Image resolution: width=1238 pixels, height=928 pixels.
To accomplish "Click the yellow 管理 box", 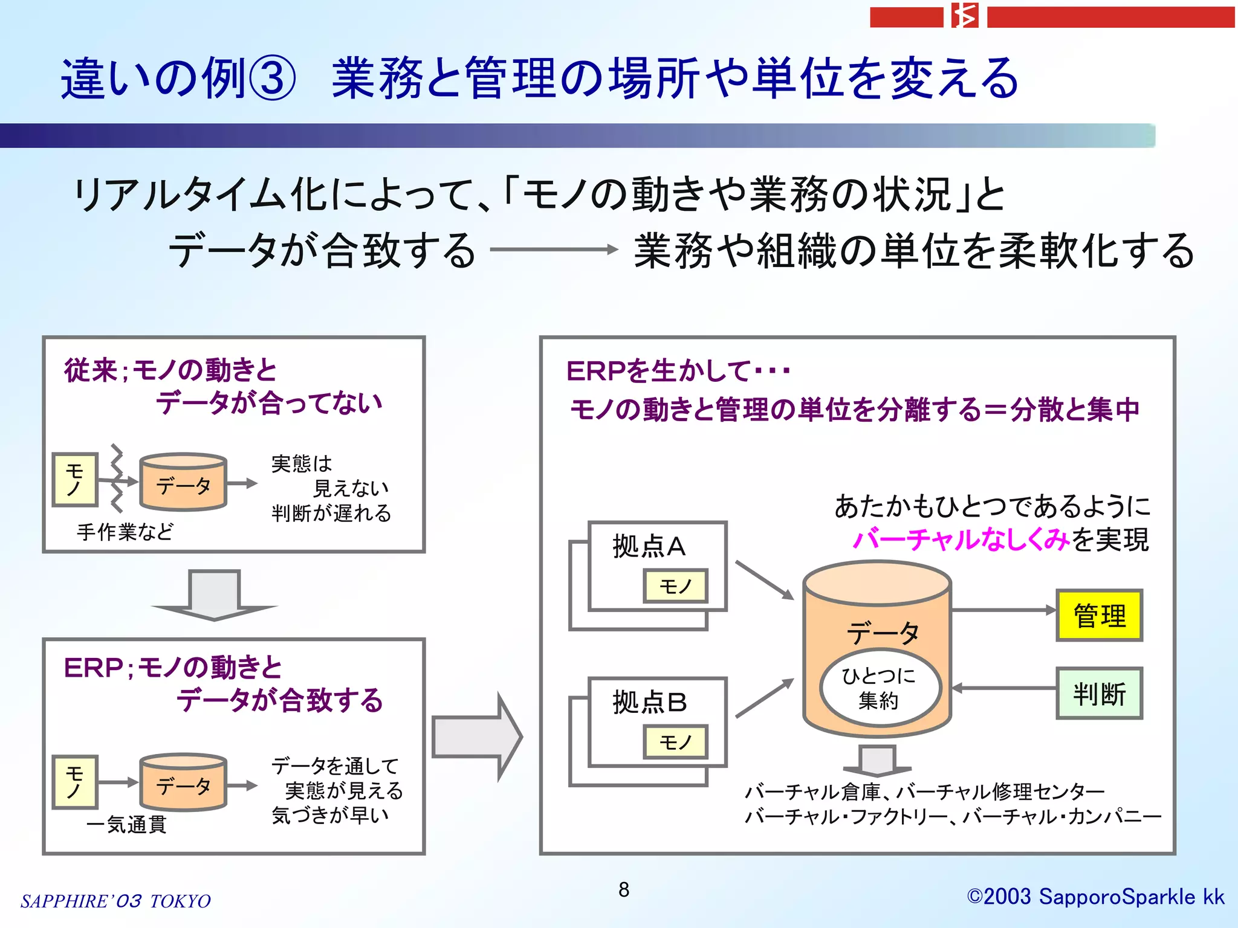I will click(x=1099, y=615).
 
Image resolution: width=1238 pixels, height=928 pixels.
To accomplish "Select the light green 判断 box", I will click(x=1099, y=693).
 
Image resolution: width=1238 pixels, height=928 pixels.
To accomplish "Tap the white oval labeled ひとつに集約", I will click(x=880, y=688).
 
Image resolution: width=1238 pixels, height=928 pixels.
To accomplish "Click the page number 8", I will click(x=624, y=889).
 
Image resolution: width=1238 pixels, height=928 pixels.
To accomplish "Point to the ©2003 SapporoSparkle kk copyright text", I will click(x=1095, y=897).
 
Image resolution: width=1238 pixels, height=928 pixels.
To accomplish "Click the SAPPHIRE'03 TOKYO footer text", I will click(x=115, y=901).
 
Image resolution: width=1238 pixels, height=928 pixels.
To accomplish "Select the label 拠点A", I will click(x=649, y=546).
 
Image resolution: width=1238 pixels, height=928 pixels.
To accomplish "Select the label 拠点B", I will click(x=649, y=702).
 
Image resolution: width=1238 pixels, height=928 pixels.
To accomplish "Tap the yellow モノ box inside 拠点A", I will click(x=675, y=585).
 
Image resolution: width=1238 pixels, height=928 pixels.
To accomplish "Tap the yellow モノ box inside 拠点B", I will click(x=675, y=741).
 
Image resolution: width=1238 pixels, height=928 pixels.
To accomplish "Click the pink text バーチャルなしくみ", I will click(x=961, y=539).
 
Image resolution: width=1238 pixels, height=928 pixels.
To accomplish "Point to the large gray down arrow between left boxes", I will click(x=214, y=596).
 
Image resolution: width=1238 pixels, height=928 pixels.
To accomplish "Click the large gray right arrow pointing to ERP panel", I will click(x=478, y=736).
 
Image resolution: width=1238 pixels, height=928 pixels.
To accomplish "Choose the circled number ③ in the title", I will click(x=272, y=79).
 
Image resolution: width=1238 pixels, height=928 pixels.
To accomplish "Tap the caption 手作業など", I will click(x=125, y=532).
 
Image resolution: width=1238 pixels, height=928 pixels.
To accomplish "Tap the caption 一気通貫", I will click(x=126, y=824).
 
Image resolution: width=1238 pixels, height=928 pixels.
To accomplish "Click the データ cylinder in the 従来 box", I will click(x=183, y=482).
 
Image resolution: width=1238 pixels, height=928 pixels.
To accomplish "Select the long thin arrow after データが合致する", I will click(x=553, y=249).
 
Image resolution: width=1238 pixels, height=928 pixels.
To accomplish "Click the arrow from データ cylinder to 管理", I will click(x=1003, y=610).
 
